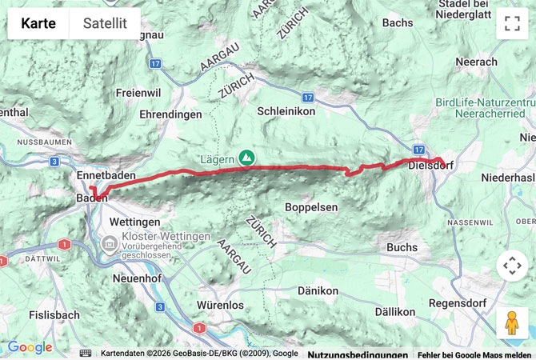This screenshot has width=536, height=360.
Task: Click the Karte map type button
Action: tap(38, 23)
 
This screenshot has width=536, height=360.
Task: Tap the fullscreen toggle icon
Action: tap(512, 24)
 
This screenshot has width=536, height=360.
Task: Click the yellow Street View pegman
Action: tap(512, 322)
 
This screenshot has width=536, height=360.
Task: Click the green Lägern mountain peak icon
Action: tap(247, 158)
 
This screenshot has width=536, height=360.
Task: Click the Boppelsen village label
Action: tap(311, 207)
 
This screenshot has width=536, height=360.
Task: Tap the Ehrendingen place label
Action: tap(170, 115)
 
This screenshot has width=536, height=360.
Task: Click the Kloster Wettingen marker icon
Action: tap(109, 238)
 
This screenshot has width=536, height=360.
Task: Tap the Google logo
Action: tap(30, 347)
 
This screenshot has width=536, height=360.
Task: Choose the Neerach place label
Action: tap(475, 62)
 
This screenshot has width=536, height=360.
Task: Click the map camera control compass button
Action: tap(512, 266)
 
